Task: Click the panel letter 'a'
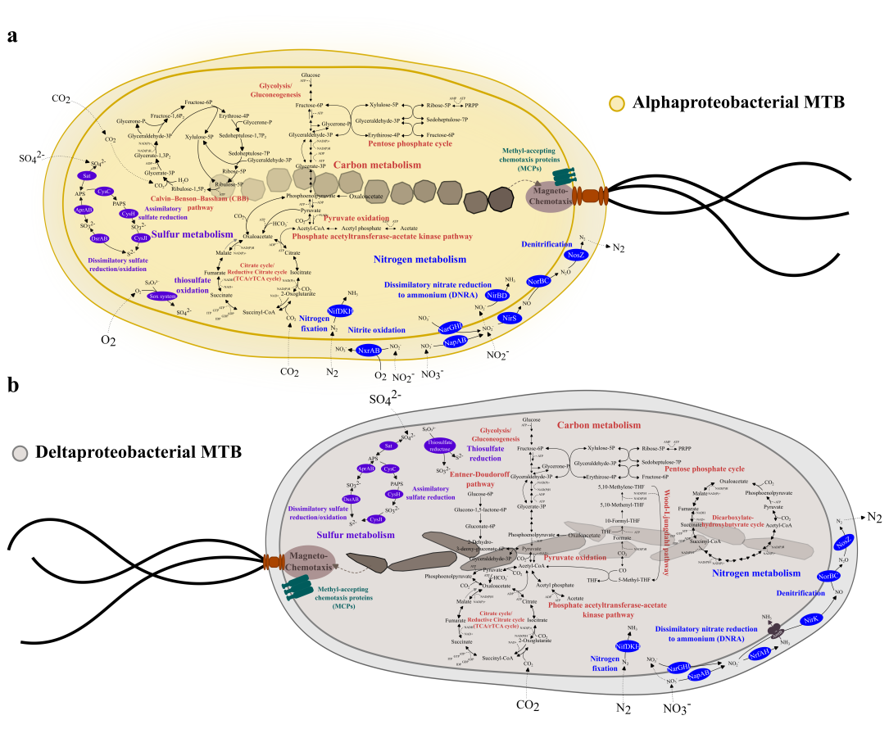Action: (x=13, y=36)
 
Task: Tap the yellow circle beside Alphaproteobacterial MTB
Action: (x=618, y=104)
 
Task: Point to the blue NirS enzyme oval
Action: (x=508, y=318)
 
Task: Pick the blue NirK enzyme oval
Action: (x=811, y=621)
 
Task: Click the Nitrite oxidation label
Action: (x=377, y=329)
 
